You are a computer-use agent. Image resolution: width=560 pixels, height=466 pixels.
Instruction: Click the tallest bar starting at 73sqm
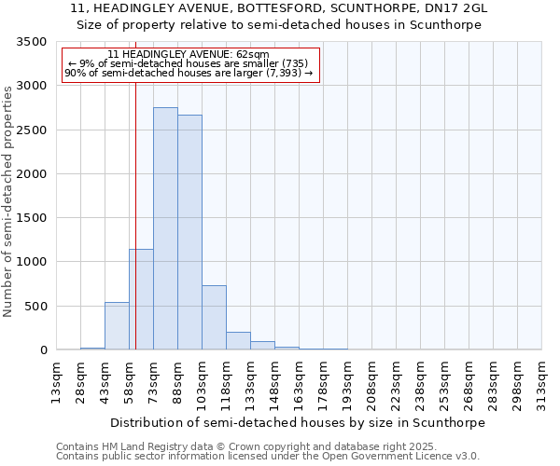(165, 228)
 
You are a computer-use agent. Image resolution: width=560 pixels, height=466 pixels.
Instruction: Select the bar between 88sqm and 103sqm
(189, 232)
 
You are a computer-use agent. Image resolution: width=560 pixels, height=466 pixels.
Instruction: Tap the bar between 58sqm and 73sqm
(141, 299)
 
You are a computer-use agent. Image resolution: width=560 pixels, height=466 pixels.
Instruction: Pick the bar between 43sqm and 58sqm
(117, 326)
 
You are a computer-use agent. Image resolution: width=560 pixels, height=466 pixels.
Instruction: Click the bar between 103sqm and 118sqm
(214, 318)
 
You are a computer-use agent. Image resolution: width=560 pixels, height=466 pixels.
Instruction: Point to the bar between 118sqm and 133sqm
(238, 341)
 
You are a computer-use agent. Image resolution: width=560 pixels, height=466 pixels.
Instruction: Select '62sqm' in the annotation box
(252, 55)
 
